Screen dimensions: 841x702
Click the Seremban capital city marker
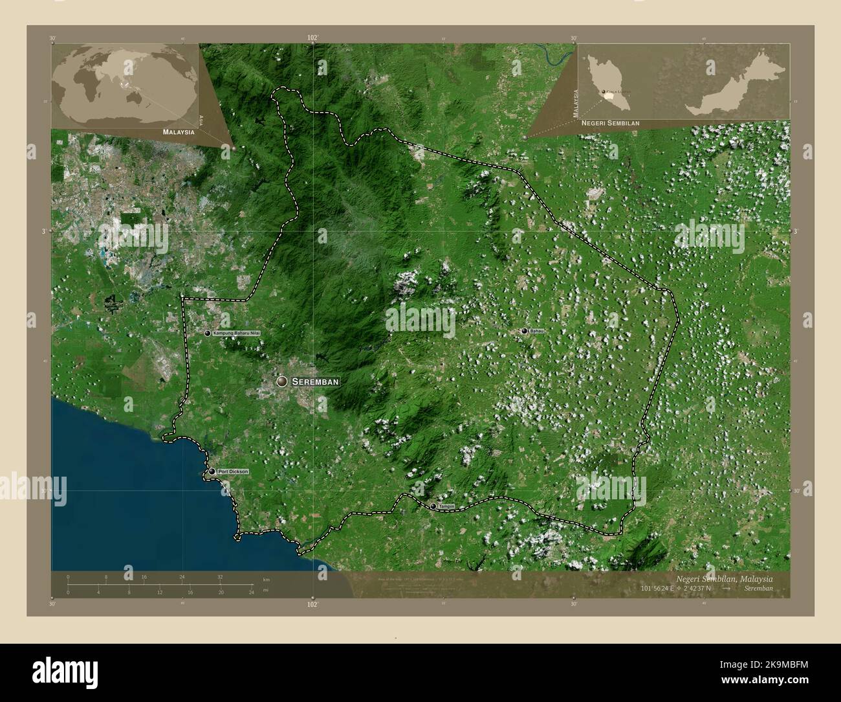282,381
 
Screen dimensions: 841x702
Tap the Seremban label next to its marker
316,382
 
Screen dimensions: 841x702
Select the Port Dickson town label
233,472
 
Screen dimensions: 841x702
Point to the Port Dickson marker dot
212,471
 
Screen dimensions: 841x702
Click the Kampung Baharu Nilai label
241,333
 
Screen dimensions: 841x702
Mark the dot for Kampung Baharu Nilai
208,333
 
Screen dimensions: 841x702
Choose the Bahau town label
537,331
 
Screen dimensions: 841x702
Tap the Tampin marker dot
433,506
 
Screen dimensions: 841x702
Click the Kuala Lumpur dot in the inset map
604,93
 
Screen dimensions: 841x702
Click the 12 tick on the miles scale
160,592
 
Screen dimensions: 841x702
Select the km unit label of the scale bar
266,579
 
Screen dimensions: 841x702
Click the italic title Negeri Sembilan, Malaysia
723,578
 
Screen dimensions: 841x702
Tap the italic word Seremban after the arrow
758,589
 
